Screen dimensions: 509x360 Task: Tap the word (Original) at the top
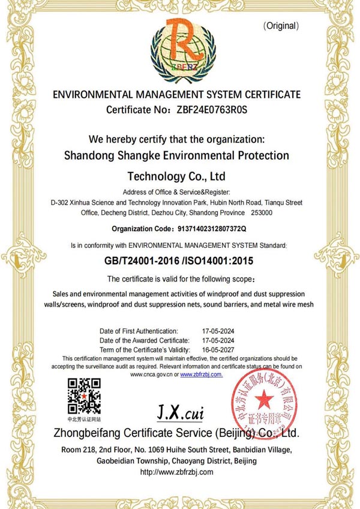pyautogui.click(x=281, y=26)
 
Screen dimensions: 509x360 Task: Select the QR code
pyautogui.click(x=83, y=396)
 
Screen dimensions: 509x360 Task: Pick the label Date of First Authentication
pyautogui.click(x=139, y=331)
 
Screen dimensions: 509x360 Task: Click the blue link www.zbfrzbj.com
pyautogui.click(x=201, y=374)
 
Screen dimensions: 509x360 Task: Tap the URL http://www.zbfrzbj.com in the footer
pyautogui.click(x=176, y=472)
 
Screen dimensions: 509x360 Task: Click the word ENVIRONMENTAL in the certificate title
pyautogui.click(x=92, y=95)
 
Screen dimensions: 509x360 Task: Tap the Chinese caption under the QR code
pyautogui.click(x=84, y=418)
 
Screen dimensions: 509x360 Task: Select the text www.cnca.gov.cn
pyautogui.click(x=152, y=374)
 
